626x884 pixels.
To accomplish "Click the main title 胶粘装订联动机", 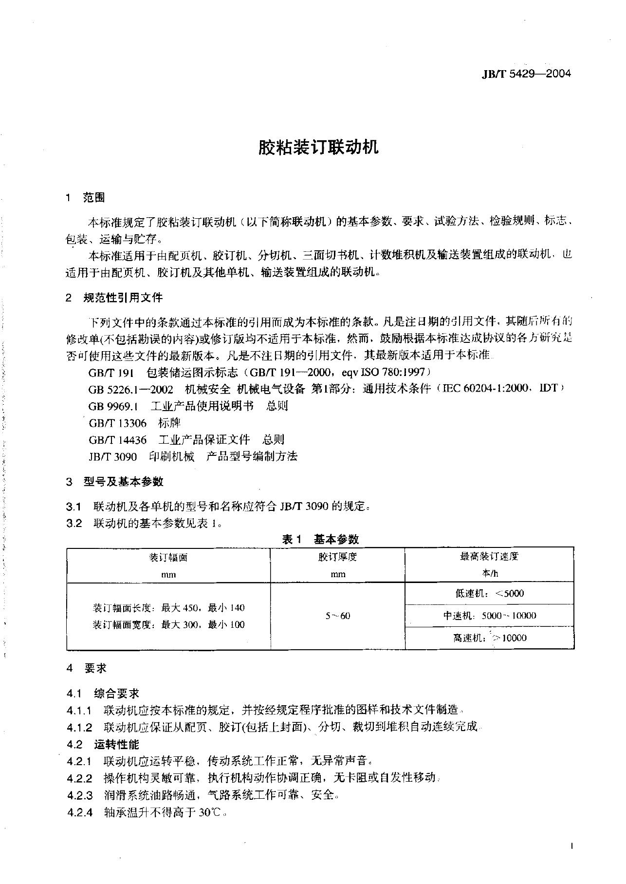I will coord(318,148).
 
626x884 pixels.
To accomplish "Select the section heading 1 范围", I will coord(86,197).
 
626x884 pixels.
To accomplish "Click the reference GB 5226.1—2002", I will coord(130,389).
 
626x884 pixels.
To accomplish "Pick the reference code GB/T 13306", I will coord(117,423).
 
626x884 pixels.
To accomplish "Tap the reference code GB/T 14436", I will coord(117,440).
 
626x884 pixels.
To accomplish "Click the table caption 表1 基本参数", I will coord(320,539).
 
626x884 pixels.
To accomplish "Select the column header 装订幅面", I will coord(168,557).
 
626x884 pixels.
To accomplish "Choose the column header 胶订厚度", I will coord(338,557).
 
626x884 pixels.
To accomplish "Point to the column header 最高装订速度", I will coord(490,556).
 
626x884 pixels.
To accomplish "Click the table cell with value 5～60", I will coord(338,616).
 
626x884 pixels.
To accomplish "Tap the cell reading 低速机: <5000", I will coord(490,593).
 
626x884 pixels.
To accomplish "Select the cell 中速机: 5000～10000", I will coord(490,616).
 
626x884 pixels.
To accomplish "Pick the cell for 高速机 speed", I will coord(490,638).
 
